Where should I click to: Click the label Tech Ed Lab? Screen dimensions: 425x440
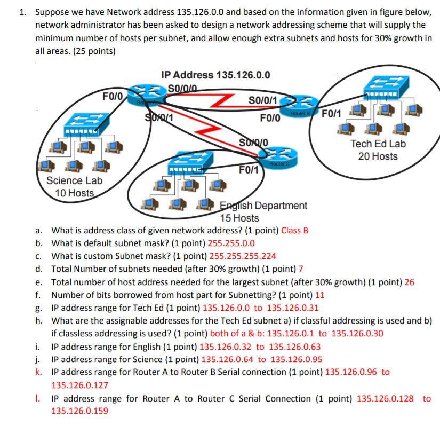[x=378, y=144]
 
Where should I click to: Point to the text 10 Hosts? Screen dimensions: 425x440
[x=75, y=193]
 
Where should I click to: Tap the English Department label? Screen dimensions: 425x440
[x=264, y=206]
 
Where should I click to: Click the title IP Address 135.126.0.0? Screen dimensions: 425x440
[x=215, y=75]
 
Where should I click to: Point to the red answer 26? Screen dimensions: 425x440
[x=410, y=281]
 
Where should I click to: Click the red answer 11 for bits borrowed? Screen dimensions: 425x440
[x=320, y=294]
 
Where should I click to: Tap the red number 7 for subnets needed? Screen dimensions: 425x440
[x=301, y=269]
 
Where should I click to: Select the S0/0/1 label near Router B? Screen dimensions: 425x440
[x=263, y=100]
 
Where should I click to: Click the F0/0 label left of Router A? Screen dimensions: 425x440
[x=113, y=96]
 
